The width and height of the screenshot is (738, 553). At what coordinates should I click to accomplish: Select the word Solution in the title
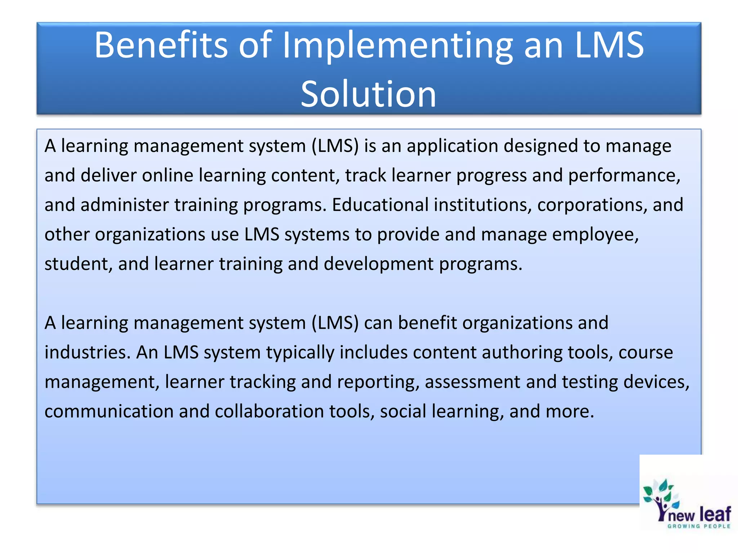point(368,94)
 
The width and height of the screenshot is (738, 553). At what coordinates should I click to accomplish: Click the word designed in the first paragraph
point(541,146)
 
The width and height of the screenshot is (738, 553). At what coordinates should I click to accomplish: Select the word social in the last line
point(403,412)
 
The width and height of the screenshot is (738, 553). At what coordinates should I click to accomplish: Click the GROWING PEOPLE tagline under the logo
point(699,526)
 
